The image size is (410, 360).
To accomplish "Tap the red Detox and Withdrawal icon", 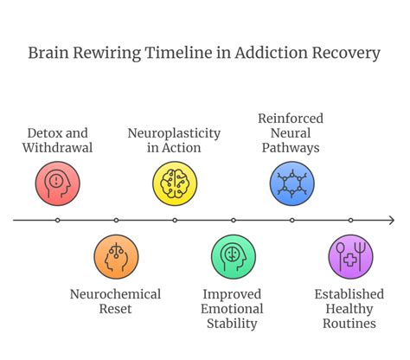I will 58,183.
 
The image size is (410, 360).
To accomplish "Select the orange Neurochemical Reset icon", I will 116,257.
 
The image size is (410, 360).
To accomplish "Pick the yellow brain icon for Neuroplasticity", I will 175,183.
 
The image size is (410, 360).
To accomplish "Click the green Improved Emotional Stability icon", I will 234,257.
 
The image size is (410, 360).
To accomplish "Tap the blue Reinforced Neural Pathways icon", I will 292,183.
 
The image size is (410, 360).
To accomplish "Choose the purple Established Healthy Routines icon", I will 351,257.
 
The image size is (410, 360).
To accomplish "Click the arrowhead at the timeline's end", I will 391,221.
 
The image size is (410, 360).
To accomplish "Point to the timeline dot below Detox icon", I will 58,221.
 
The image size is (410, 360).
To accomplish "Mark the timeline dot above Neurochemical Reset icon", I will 116,221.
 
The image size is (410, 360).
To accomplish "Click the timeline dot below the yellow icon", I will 175,221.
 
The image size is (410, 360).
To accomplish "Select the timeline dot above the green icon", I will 234,221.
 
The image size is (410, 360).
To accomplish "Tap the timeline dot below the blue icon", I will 292,221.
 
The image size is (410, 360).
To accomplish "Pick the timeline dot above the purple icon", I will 351,221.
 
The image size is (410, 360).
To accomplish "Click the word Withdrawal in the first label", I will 58,148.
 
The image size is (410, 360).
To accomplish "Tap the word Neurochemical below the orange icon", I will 115,294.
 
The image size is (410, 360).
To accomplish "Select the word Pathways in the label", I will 292,148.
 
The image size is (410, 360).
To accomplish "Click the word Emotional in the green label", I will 234,309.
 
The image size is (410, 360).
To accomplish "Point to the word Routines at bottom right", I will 350,324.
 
